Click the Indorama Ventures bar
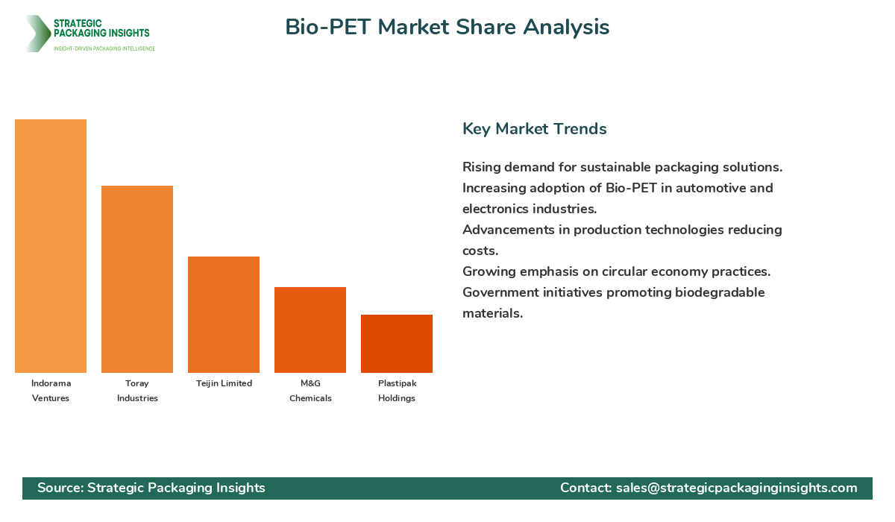click(x=51, y=246)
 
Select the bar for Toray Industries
click(x=137, y=279)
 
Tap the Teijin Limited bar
click(x=224, y=315)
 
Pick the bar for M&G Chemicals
click(x=310, y=330)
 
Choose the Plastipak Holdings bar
click(x=397, y=344)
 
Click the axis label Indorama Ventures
click(x=51, y=391)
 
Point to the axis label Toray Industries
click(x=137, y=391)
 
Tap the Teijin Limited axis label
click(x=224, y=383)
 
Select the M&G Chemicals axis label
click(x=310, y=391)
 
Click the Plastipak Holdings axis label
click(x=397, y=391)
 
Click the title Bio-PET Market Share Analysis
click(x=447, y=27)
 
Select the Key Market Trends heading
click(x=534, y=128)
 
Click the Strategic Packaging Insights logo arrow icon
click(x=37, y=34)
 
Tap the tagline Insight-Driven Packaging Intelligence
click(x=104, y=48)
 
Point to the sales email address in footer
click(x=736, y=488)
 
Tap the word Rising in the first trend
click(x=481, y=167)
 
